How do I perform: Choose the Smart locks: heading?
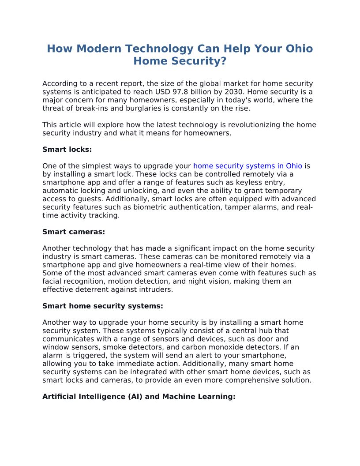(67, 150)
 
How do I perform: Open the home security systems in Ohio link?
(247, 166)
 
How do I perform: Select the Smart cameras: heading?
(74, 232)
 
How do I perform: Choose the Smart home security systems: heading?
(103, 306)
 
